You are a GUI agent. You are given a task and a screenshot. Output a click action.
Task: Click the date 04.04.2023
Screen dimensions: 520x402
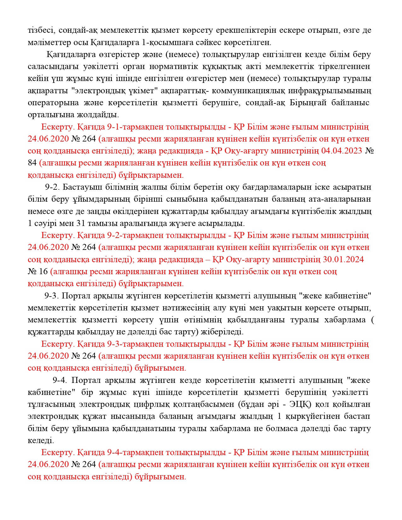tap(341, 151)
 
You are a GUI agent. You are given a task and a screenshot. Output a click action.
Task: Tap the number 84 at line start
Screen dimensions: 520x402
tap(32, 163)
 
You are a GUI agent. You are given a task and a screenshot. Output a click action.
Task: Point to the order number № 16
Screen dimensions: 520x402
tap(38, 271)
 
